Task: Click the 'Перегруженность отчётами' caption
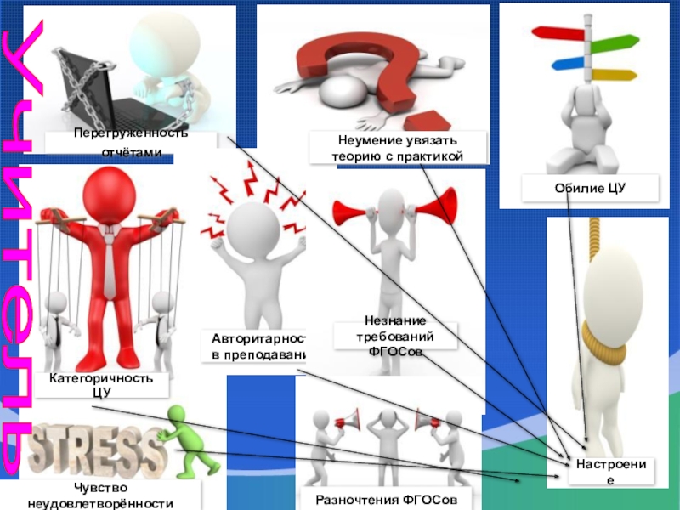coord(131,143)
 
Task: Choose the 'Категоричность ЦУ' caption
coord(100,384)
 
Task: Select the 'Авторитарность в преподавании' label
coord(252,346)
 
